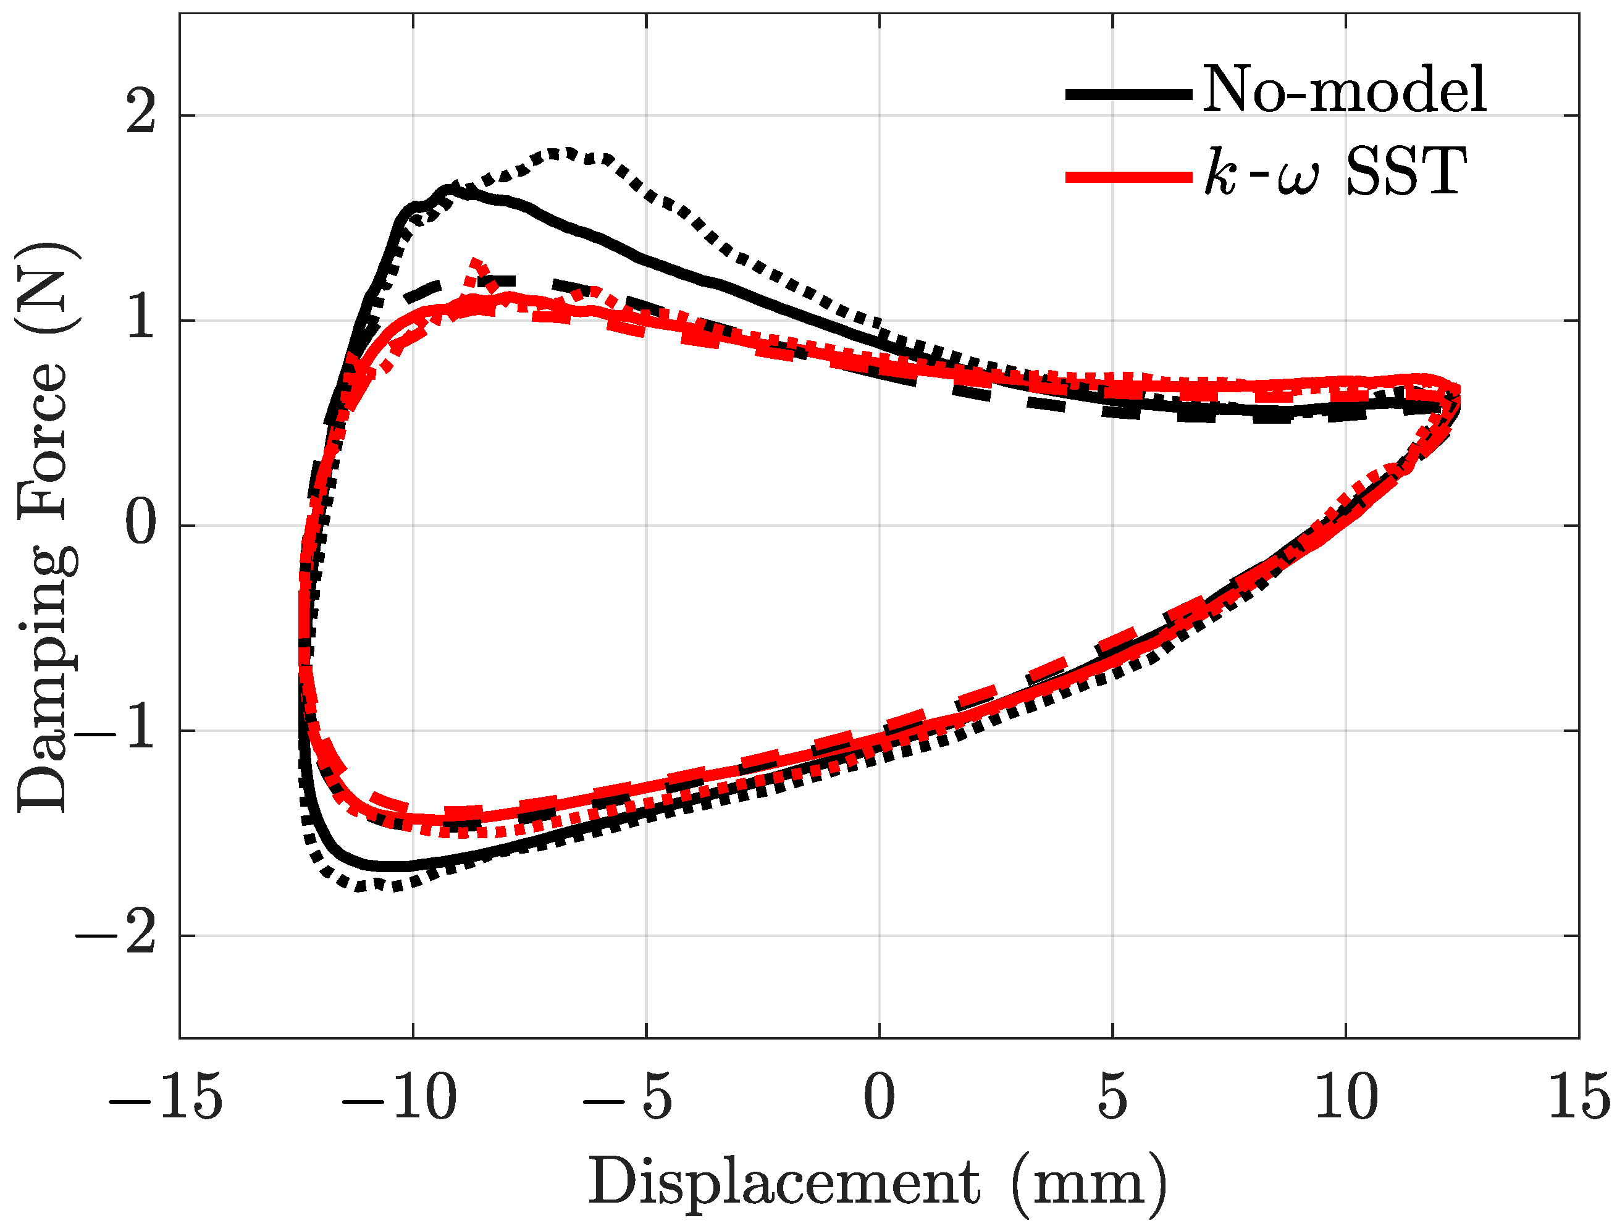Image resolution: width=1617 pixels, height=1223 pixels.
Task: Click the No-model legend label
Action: click(x=1343, y=90)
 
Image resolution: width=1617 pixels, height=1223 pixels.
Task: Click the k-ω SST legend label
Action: click(x=1335, y=172)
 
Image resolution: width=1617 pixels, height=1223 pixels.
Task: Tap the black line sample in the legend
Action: click(x=1128, y=93)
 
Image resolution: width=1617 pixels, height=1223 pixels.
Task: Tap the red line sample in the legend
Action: click(x=1128, y=176)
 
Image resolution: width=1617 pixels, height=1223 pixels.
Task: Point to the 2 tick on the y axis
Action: click(x=141, y=115)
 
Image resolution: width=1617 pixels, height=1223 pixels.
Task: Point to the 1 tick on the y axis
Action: click(x=141, y=320)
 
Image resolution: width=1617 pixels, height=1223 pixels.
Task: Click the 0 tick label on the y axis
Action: click(x=141, y=525)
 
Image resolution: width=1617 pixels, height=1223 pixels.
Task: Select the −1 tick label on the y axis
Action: click(x=117, y=729)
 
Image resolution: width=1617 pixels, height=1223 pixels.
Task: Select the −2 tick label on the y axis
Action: click(x=117, y=935)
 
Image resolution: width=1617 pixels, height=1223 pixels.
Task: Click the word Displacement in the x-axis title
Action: click(x=784, y=1183)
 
